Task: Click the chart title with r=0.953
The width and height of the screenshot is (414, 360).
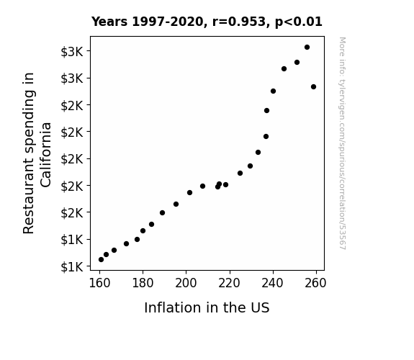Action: (207, 22)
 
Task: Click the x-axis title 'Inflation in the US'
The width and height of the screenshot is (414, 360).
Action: (207, 307)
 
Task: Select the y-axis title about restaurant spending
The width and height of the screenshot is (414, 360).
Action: (37, 153)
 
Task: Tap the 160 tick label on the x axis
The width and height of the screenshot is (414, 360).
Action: (99, 283)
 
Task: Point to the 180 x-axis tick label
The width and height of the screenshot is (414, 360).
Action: (143, 283)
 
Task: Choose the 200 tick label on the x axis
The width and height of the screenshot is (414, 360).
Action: (186, 283)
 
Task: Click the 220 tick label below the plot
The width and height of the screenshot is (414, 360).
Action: (229, 283)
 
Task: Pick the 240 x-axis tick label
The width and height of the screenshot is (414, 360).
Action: (272, 283)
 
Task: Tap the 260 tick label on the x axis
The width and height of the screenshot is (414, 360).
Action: (315, 283)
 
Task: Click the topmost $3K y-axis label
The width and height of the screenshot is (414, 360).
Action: (72, 52)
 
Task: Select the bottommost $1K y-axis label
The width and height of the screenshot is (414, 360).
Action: (72, 267)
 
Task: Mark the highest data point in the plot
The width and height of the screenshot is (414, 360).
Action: (307, 48)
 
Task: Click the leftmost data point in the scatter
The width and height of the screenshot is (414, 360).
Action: (101, 260)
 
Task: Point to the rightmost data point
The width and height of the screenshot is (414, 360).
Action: (313, 86)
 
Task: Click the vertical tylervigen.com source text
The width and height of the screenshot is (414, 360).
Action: (343, 143)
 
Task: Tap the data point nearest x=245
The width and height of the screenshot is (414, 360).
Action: (284, 68)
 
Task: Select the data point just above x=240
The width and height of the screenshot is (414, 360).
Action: (273, 91)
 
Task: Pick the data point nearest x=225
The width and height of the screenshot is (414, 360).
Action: (240, 174)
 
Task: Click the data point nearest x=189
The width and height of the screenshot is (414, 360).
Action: (163, 212)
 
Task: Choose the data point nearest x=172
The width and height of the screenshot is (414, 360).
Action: (126, 243)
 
